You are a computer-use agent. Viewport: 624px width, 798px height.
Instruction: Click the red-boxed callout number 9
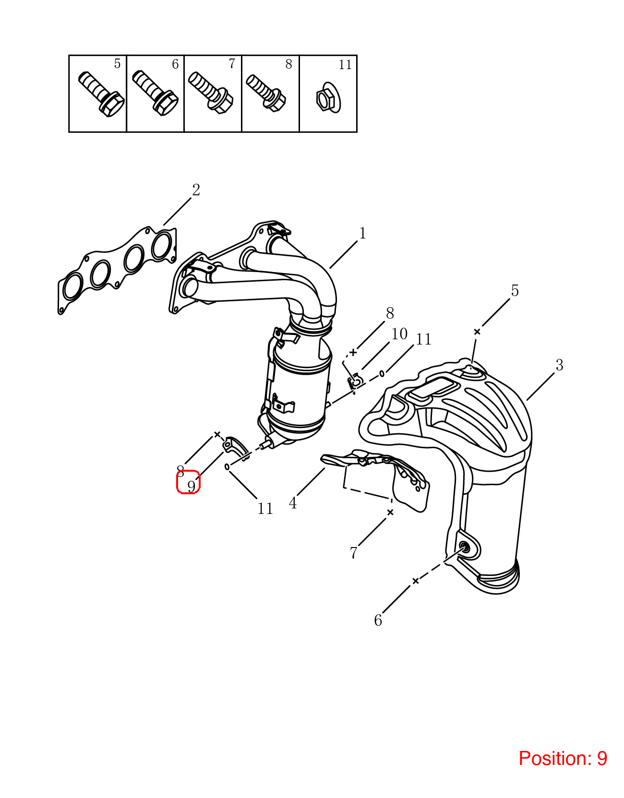click(x=191, y=487)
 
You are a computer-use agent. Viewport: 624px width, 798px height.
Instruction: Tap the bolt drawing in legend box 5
click(x=101, y=94)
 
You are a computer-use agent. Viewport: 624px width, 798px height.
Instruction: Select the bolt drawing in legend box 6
click(x=155, y=93)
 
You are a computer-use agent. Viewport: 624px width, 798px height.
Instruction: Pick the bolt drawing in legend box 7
click(x=210, y=93)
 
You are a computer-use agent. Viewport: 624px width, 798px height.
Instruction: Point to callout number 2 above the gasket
click(x=196, y=190)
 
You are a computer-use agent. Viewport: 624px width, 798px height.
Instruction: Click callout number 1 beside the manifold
click(x=363, y=233)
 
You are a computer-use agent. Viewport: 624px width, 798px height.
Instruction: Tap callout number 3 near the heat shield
click(x=559, y=365)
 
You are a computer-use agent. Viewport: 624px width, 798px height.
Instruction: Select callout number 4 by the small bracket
click(x=293, y=503)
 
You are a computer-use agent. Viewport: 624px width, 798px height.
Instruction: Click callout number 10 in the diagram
click(x=399, y=334)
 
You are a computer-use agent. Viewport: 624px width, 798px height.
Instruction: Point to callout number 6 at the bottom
click(x=378, y=620)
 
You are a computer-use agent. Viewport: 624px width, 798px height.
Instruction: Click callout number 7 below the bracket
click(x=354, y=552)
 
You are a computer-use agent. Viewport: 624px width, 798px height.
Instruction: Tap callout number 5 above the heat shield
click(x=515, y=290)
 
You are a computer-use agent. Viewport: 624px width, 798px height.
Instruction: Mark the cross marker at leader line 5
click(x=477, y=332)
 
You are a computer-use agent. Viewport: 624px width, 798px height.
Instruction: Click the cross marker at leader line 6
click(x=415, y=581)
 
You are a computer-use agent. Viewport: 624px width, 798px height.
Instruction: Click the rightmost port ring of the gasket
click(x=162, y=246)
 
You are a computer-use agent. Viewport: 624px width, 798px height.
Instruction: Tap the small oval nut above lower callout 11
click(x=227, y=467)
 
